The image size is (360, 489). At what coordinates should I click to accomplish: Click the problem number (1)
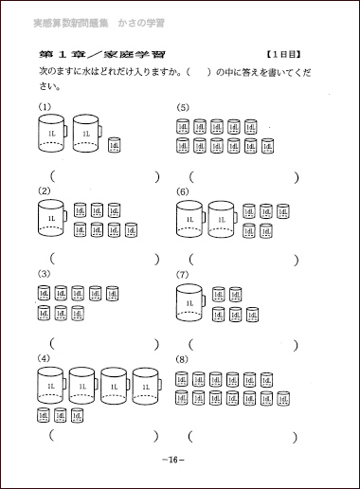click(x=44, y=105)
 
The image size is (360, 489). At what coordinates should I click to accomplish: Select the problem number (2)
click(x=44, y=191)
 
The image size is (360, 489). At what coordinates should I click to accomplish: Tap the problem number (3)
click(x=44, y=275)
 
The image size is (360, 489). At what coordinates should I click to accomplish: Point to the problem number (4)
click(x=44, y=357)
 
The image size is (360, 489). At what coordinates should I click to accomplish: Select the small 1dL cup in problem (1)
click(x=115, y=144)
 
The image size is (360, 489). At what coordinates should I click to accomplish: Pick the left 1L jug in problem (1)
click(x=52, y=135)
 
